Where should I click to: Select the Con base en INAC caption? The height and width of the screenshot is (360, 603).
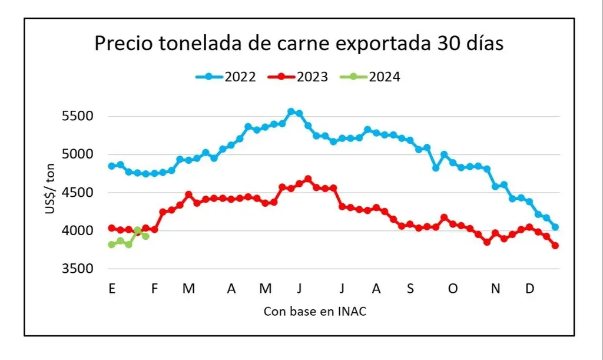(315, 312)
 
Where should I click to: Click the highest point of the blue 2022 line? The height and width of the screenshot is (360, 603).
(291, 111)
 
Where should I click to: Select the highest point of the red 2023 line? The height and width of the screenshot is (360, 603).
(308, 179)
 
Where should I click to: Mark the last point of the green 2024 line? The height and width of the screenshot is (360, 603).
(145, 236)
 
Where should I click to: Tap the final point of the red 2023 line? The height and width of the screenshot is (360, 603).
(555, 246)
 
